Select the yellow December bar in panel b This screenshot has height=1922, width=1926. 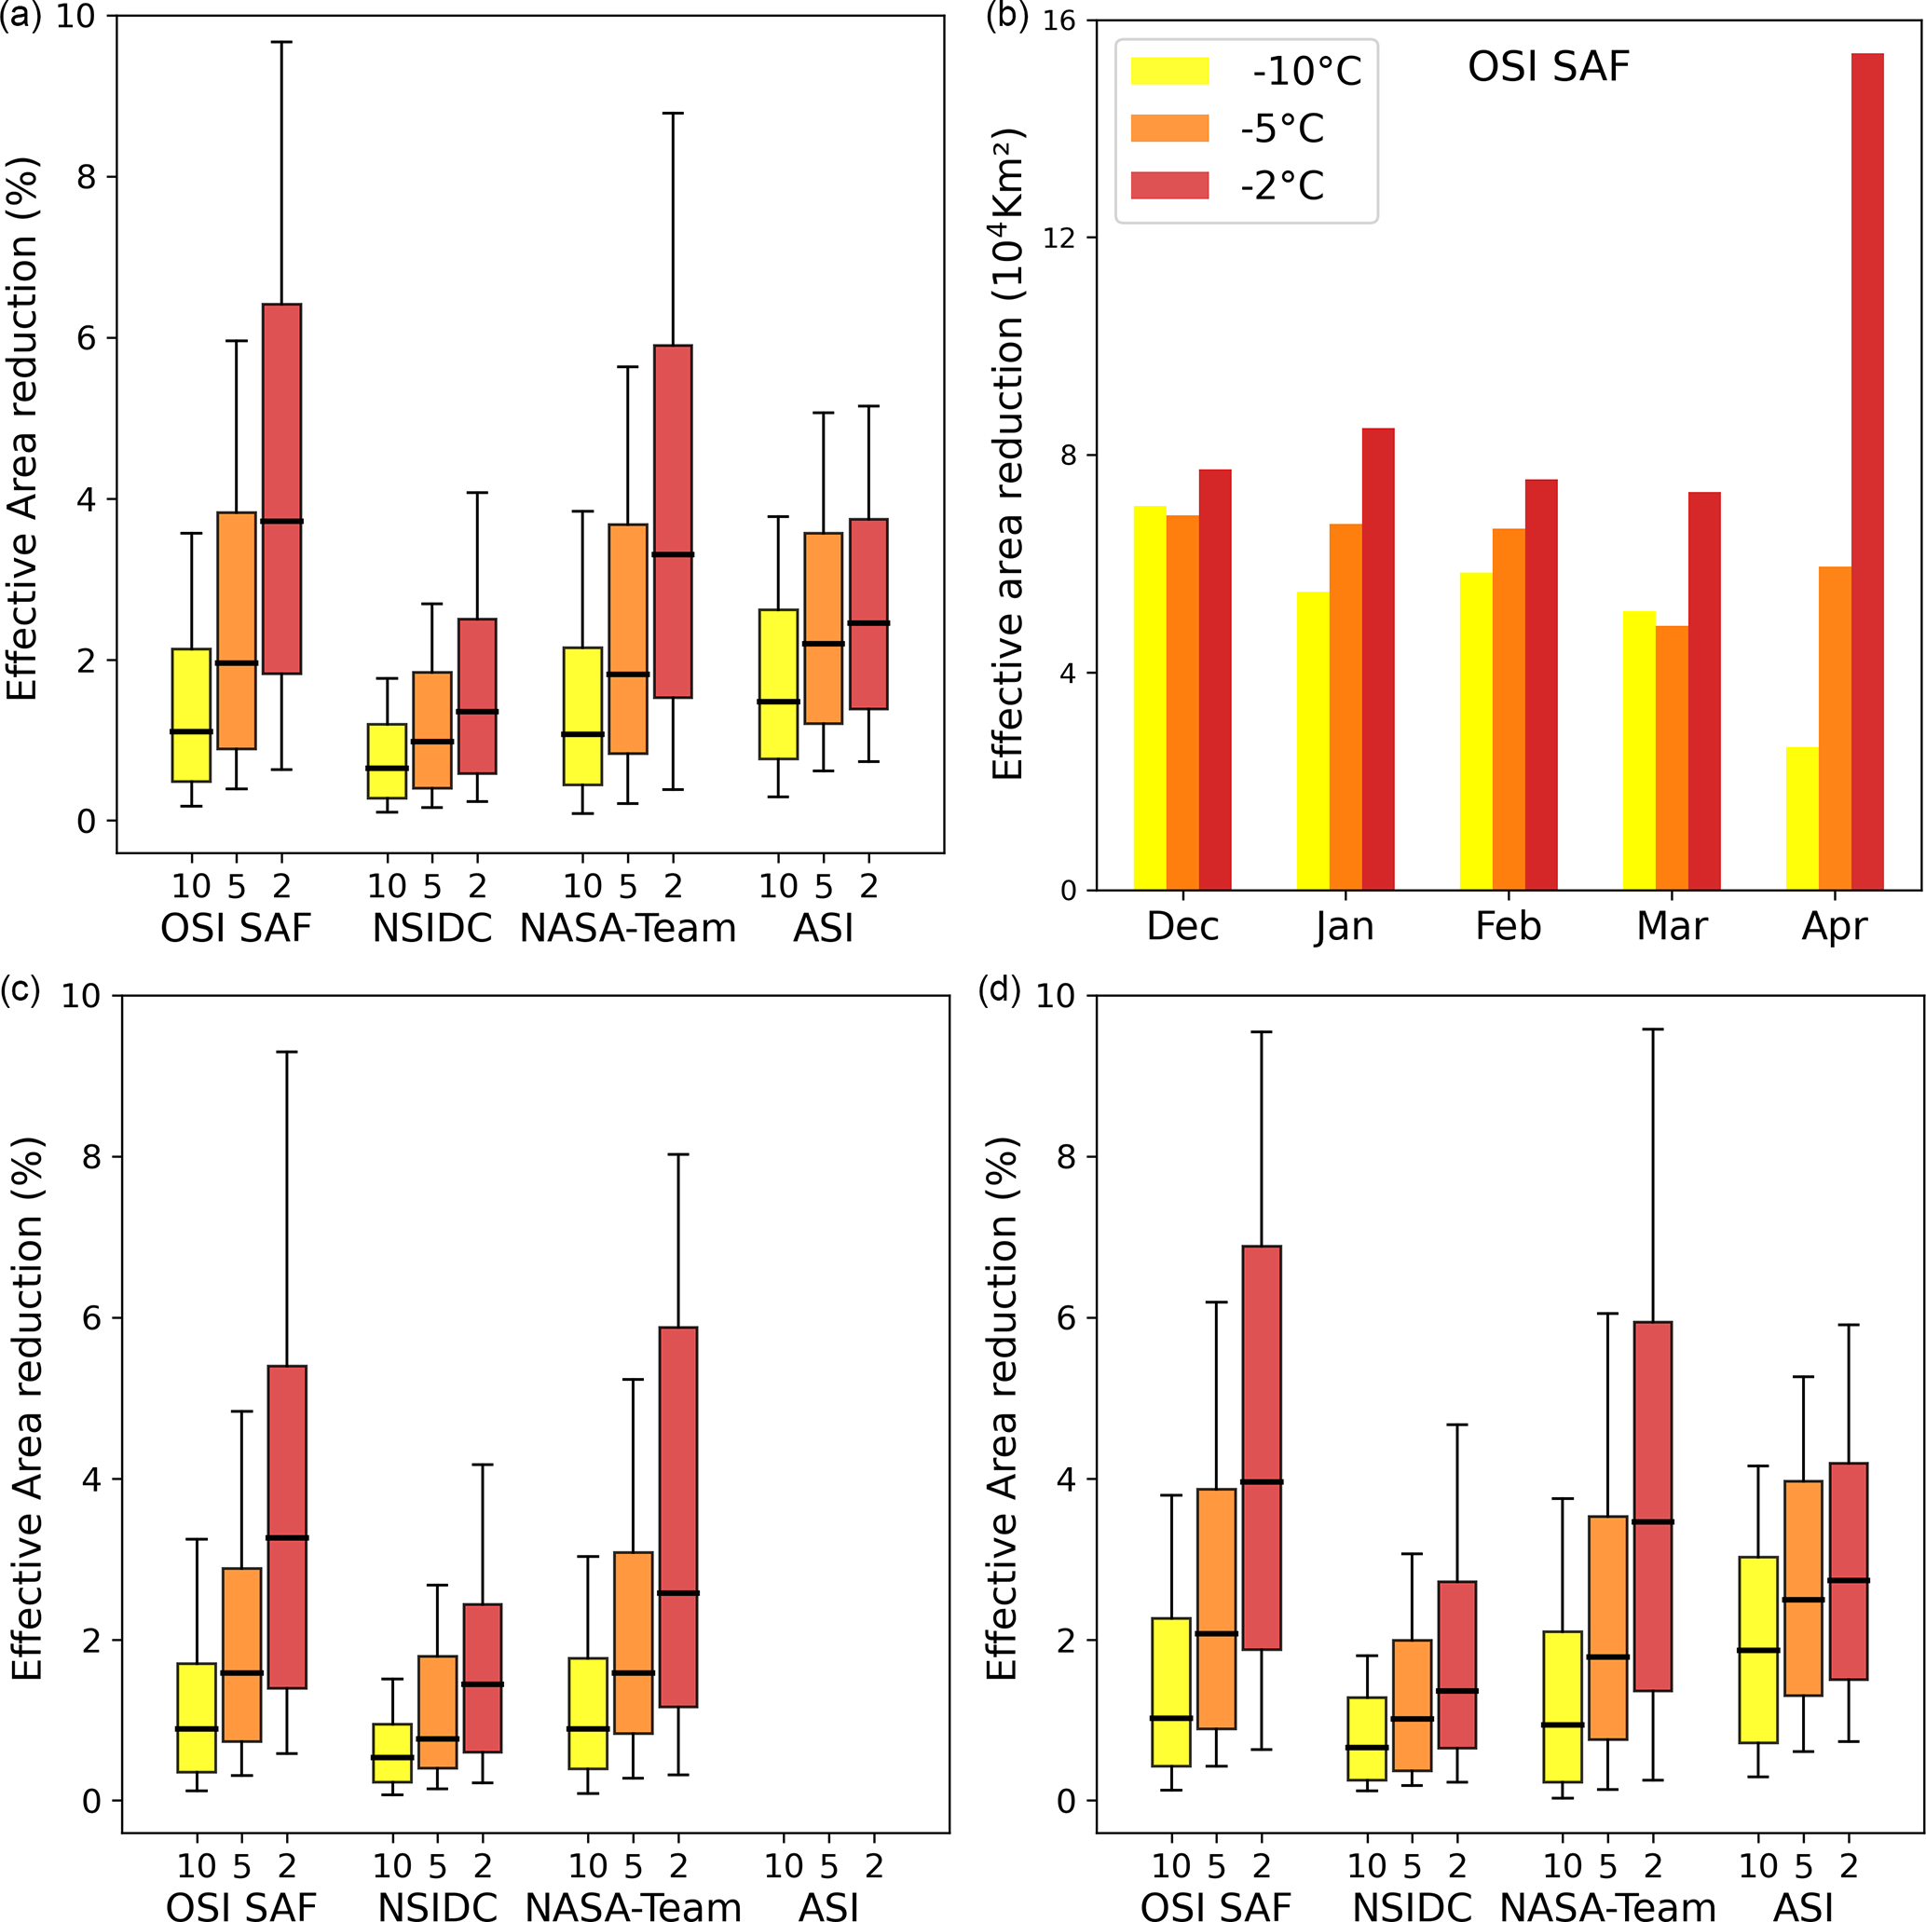(1150, 698)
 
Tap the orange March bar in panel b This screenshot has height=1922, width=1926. (1672, 757)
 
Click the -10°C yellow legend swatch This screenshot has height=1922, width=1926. (1169, 71)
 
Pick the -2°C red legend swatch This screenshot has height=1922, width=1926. (1169, 185)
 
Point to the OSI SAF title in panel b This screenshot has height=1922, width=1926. (1549, 67)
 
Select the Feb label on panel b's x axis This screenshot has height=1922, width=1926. (1508, 926)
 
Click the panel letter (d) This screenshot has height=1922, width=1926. (1000, 991)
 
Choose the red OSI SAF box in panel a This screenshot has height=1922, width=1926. (282, 488)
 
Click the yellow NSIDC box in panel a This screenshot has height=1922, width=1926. (387, 760)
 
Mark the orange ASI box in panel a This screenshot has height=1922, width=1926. (824, 628)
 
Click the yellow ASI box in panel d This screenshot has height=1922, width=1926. (1758, 1649)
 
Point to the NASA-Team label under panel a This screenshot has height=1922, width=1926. (628, 928)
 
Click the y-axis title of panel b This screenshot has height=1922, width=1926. (1009, 454)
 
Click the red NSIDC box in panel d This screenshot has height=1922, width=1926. (1457, 1664)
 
